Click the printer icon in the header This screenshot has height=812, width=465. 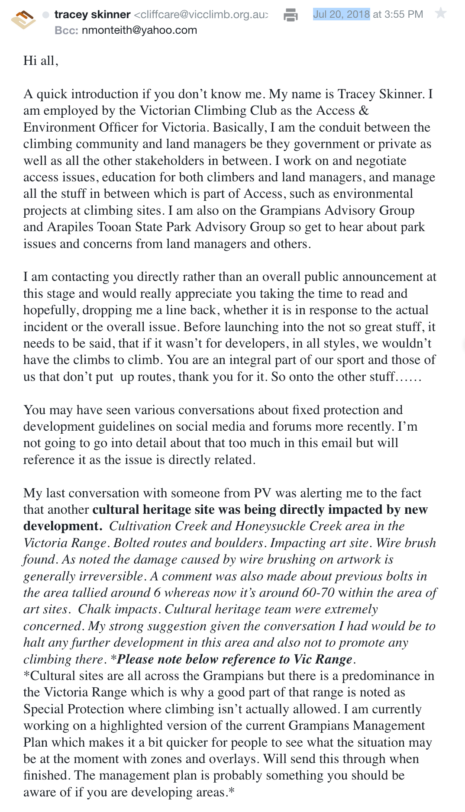click(x=291, y=15)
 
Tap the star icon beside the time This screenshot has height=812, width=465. click(x=441, y=13)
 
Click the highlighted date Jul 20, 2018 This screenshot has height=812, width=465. click(x=341, y=14)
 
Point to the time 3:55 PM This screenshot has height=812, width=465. click(x=404, y=14)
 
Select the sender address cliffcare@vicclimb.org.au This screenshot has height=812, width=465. click(x=201, y=15)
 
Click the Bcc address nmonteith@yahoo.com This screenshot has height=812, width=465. click(x=139, y=30)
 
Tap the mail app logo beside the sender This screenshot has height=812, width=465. click(x=23, y=19)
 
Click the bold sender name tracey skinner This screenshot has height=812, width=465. click(x=92, y=15)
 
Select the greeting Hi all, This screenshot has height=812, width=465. click(x=41, y=61)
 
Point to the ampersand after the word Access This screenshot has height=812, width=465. click(x=364, y=111)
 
